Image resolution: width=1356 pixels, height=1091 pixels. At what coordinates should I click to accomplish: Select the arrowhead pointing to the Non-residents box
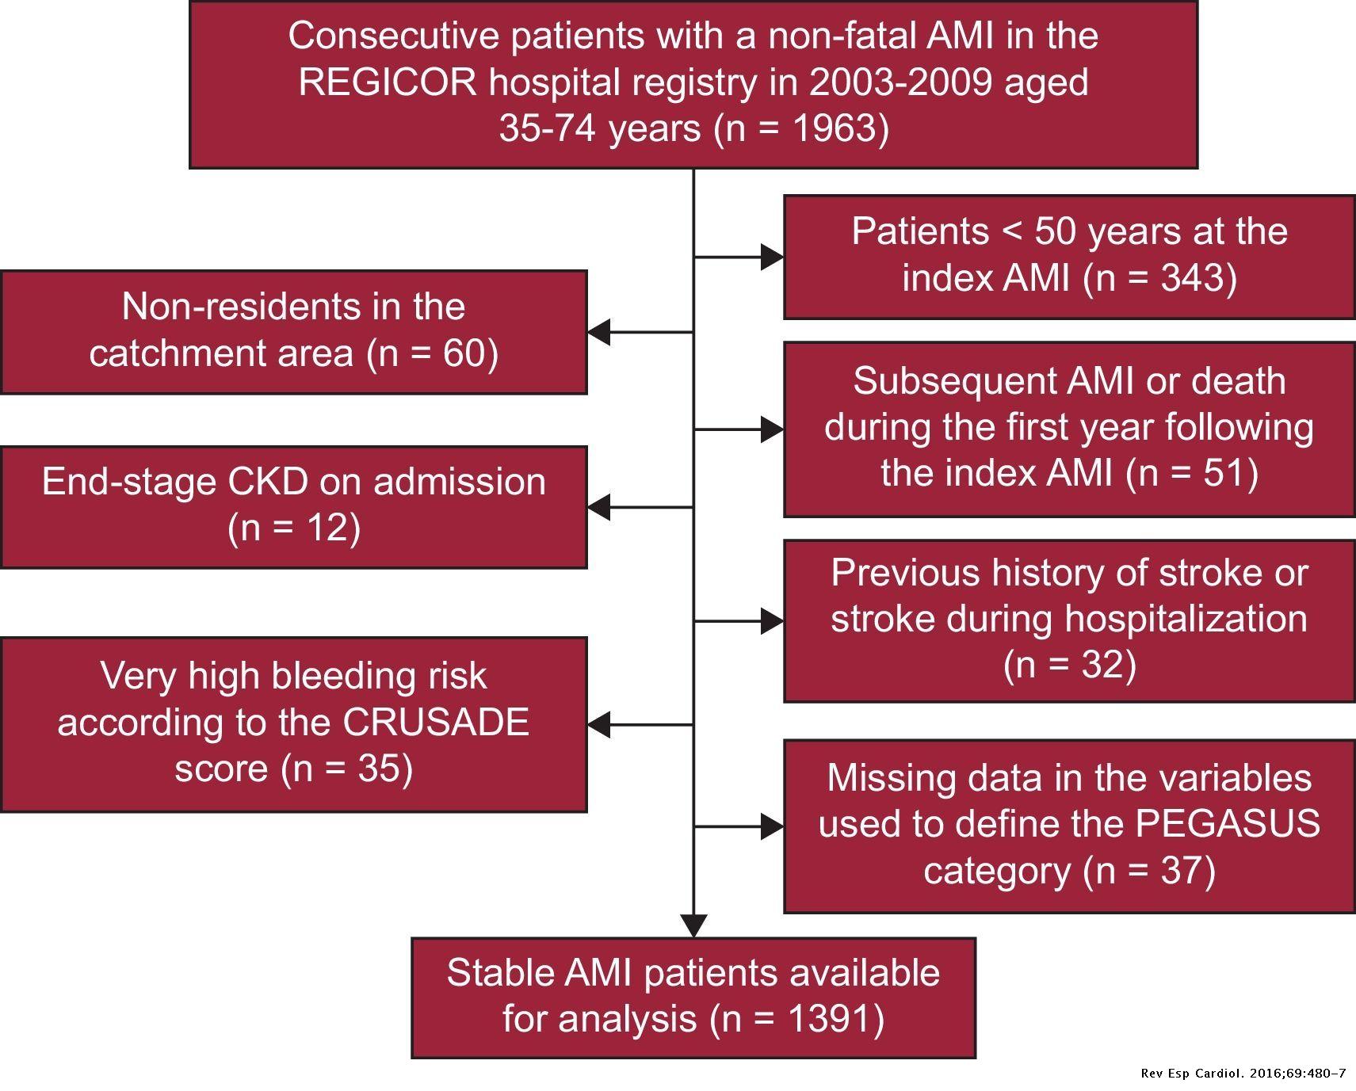point(599,332)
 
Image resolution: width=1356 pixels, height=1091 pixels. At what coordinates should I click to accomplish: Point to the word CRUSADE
point(436,723)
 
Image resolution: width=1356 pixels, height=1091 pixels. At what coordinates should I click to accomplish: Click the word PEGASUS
point(1228,824)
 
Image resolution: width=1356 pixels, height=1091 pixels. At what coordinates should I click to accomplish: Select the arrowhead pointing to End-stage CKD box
point(599,506)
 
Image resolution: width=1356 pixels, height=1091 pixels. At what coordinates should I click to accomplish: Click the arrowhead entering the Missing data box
point(771,826)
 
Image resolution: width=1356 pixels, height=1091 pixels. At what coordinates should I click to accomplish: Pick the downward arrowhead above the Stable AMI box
point(693,925)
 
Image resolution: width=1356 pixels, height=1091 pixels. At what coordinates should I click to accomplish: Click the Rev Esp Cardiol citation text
point(1243,1074)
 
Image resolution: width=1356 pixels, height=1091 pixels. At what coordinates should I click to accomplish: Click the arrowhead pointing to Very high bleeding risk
point(599,724)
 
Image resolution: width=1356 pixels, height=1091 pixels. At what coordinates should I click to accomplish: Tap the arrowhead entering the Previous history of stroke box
point(771,621)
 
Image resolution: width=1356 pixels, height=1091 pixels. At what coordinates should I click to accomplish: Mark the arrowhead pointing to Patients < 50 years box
point(771,257)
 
